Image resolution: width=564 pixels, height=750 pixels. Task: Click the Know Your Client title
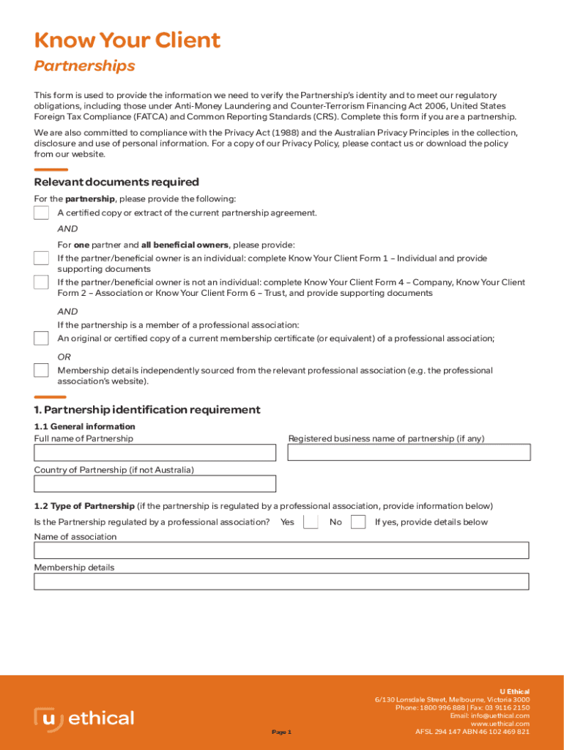tap(127, 40)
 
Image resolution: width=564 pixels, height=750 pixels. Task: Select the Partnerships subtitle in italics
tap(84, 66)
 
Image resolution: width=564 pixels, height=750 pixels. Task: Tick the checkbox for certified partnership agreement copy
tap(41, 212)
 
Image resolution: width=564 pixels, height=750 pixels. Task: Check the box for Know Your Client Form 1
tap(41, 259)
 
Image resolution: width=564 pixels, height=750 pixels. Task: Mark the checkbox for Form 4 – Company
tap(41, 282)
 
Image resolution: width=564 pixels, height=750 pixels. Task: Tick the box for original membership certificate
tap(41, 338)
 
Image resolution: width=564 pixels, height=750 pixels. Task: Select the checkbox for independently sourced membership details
tap(41, 371)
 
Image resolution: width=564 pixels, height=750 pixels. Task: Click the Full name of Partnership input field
tap(155, 453)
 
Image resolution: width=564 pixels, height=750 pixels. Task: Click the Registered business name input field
tap(408, 453)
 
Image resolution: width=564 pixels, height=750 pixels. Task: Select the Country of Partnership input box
tap(155, 484)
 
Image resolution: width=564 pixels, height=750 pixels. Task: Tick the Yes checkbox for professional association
tap(311, 522)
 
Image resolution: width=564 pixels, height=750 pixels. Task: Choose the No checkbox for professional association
tap(358, 522)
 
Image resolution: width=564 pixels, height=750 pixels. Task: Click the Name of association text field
tap(281, 551)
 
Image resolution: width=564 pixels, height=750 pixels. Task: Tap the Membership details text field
tap(281, 582)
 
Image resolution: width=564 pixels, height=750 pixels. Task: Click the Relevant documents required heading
tap(116, 182)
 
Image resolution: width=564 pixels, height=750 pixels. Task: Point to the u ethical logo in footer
tap(84, 719)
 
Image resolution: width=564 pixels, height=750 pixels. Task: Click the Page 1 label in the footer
tap(281, 732)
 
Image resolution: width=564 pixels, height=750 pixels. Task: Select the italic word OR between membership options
tap(64, 357)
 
